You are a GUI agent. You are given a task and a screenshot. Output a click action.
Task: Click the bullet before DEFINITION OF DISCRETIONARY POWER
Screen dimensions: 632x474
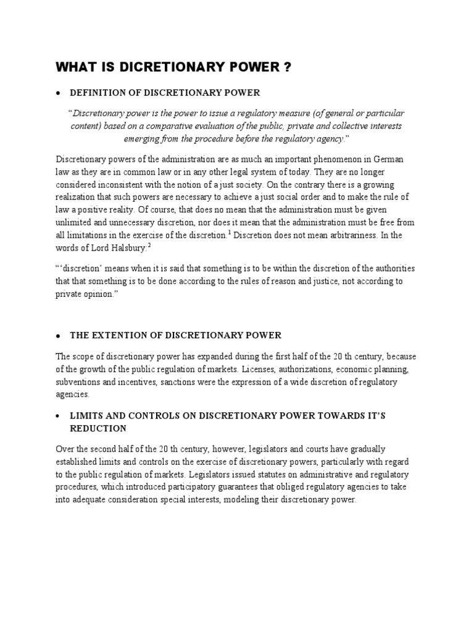point(57,93)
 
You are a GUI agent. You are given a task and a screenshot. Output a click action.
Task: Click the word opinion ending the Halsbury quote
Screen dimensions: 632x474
point(99,294)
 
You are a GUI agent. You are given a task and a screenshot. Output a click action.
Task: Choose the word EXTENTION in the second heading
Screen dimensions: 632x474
point(115,335)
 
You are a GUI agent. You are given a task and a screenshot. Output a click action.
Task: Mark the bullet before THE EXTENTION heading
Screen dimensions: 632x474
point(57,336)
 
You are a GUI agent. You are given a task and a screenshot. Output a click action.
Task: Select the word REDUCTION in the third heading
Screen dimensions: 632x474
point(98,428)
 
